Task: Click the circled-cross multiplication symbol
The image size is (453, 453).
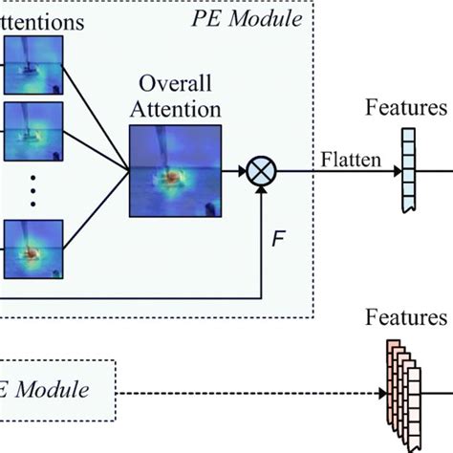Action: [x=261, y=172]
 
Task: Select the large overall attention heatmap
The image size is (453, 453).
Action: [x=175, y=171]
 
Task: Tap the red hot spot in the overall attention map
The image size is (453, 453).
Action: [x=172, y=178]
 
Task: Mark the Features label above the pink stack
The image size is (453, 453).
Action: [x=406, y=317]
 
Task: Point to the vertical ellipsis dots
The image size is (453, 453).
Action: [x=32, y=191]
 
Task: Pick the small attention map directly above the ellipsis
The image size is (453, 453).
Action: [x=32, y=131]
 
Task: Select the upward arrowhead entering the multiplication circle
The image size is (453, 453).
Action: [x=261, y=189]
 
